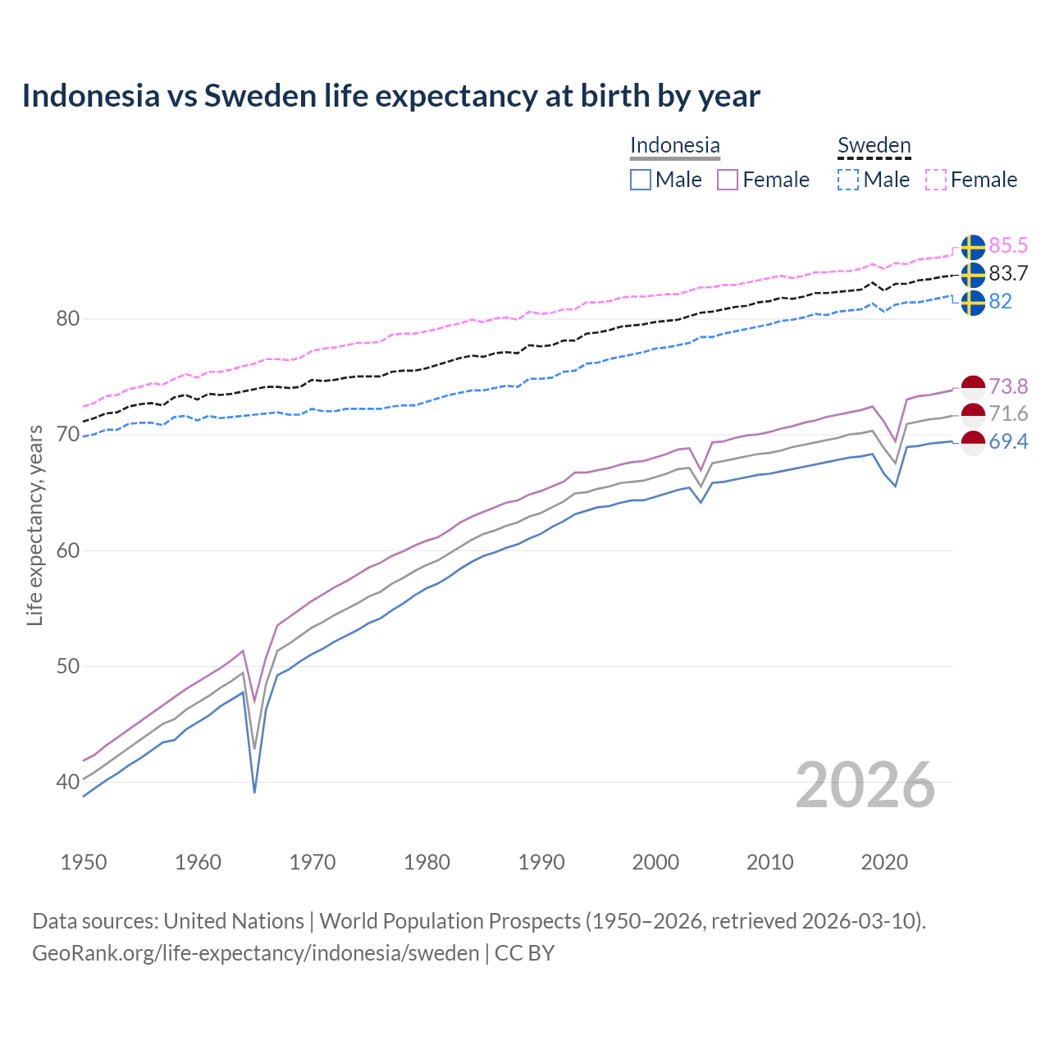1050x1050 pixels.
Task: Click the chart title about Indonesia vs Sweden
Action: click(390, 96)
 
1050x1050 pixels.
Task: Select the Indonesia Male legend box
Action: click(641, 180)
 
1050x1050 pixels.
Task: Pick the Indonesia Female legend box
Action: click(728, 180)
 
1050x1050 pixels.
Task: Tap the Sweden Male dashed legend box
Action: click(848, 180)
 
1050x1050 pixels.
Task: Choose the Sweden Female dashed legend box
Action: click(936, 180)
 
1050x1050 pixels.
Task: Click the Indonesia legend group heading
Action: click(674, 145)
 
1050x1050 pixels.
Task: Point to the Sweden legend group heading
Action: click(874, 145)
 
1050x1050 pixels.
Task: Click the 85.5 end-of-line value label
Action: click(1008, 245)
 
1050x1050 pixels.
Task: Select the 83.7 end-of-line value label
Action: click(1008, 273)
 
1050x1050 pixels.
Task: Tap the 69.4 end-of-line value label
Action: click(1008, 442)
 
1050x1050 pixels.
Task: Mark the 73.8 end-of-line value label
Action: click(1008, 386)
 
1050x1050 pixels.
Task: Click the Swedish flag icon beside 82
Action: click(973, 302)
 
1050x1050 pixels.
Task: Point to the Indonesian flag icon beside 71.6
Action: click(973, 414)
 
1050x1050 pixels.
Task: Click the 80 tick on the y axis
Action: click(67, 318)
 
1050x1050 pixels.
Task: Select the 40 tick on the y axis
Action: click(67, 782)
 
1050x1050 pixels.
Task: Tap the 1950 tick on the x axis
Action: click(84, 862)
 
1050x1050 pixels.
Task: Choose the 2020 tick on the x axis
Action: click(884, 862)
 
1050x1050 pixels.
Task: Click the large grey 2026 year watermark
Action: click(865, 785)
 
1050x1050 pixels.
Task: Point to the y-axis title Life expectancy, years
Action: click(34, 525)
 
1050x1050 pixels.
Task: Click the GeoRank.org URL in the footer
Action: click(255, 953)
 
